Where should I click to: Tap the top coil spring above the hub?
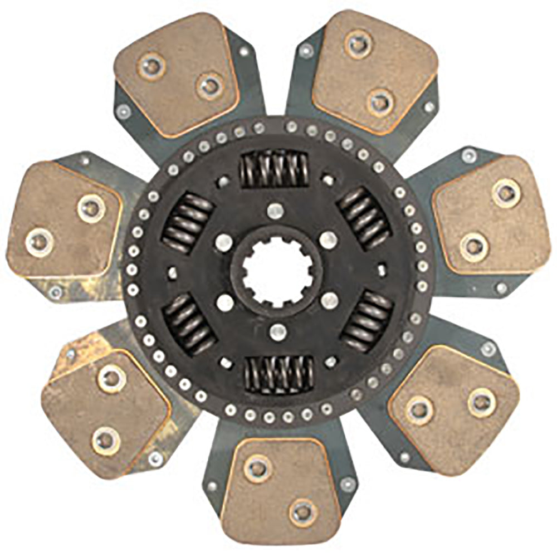pos(275,169)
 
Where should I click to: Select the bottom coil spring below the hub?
pos(278,374)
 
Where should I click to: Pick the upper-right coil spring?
pos(365,217)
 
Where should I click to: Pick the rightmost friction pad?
pos(490,217)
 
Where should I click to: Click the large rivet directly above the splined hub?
pos(274,211)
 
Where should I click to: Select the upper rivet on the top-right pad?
pos(357,43)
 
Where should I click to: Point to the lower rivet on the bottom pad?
pos(303,511)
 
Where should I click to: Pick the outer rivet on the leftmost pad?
pos(40,242)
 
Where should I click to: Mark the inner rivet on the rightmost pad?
pos(474,246)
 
